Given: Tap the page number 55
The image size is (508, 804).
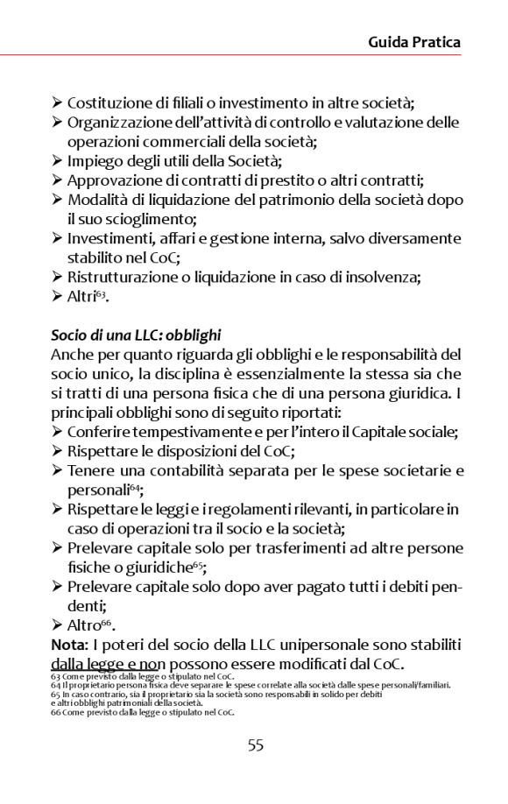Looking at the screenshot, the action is coord(255,745).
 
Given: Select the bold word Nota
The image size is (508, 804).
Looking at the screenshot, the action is coord(70,645).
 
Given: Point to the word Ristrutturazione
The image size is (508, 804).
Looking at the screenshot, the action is coord(120,278).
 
